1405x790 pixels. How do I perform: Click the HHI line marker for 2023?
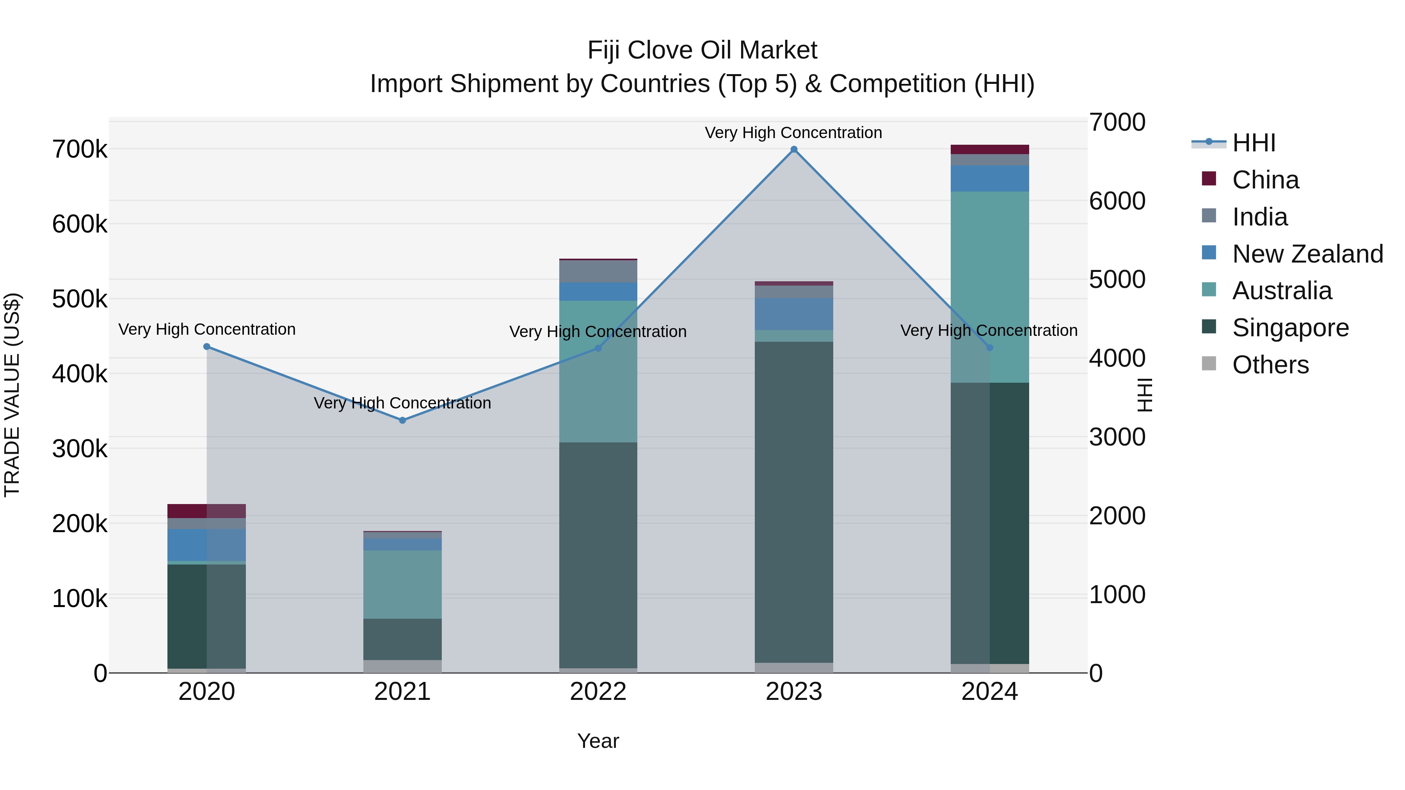793,149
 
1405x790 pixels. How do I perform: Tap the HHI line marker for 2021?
402,420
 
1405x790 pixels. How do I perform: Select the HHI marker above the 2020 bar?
207,347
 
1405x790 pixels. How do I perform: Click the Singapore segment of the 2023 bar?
793,502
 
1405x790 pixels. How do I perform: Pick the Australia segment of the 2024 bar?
989,287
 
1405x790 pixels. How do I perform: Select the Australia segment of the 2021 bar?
402,584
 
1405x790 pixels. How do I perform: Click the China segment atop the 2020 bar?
207,511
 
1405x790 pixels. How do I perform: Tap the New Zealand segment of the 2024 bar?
989,178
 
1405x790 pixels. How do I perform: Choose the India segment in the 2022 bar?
598,272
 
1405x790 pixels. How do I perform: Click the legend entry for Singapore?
1290,328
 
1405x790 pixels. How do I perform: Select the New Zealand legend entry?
1307,254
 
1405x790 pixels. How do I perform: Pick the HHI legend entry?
1253,143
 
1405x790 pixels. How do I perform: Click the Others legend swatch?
1209,364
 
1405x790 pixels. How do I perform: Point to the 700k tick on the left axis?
80,149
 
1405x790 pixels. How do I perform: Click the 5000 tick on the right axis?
1117,280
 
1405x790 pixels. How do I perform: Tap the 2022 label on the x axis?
598,692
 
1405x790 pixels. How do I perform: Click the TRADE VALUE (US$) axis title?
12,395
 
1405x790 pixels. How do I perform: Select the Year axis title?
598,741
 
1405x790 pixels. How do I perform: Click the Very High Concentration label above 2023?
793,133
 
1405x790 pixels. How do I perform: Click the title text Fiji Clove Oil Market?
702,50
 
